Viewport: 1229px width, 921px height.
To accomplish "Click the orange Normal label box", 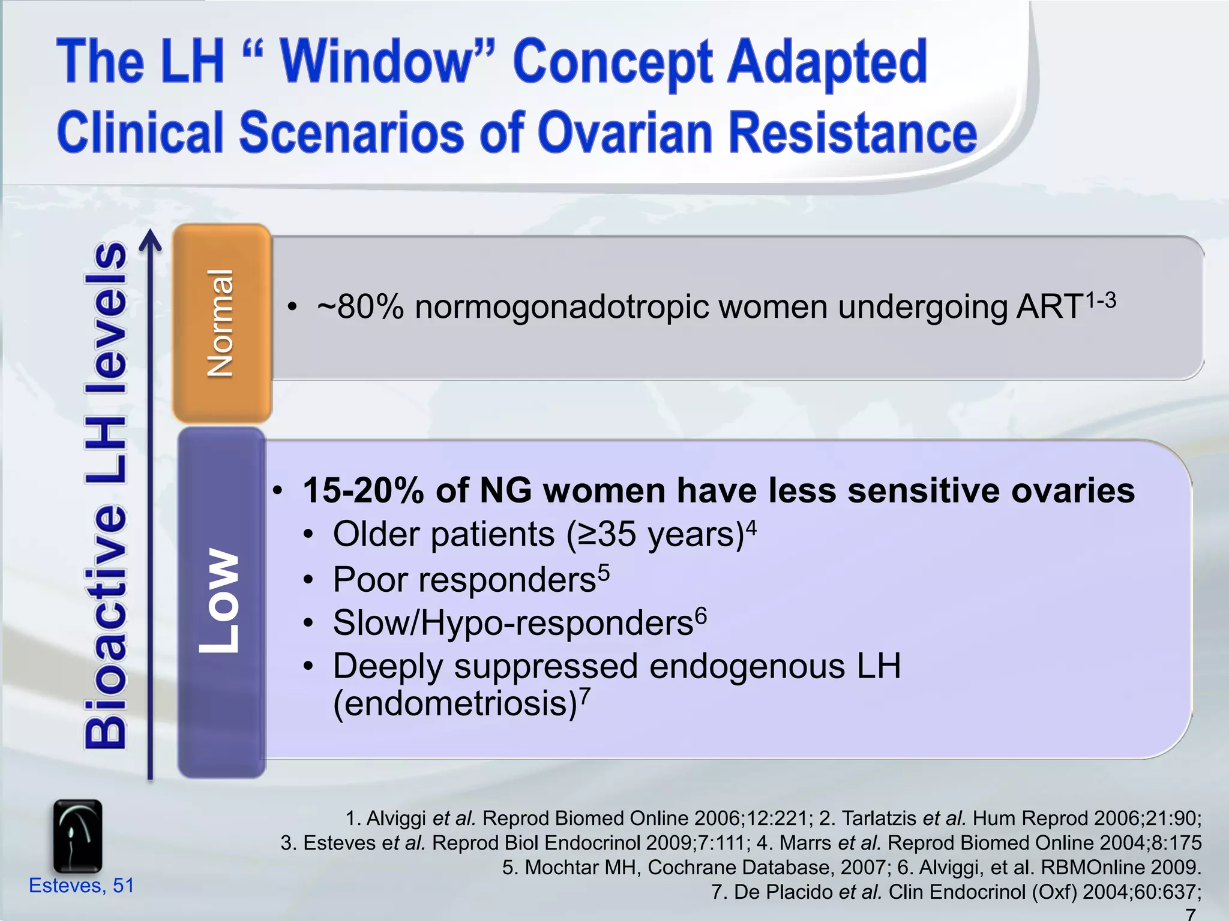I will [x=221, y=324].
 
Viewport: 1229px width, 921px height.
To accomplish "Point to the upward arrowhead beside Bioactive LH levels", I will [x=150, y=240].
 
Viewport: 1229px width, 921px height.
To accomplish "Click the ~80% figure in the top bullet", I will [x=360, y=308].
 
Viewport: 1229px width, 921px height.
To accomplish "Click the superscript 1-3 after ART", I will [x=1101, y=300].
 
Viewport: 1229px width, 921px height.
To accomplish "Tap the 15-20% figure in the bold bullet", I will [x=363, y=490].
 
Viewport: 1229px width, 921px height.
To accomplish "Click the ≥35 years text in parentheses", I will [x=654, y=534].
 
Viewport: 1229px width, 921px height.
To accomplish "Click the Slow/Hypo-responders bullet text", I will [x=513, y=623].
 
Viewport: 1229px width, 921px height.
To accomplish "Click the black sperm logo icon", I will [x=77, y=836].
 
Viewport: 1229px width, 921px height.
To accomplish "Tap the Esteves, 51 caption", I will [x=81, y=886].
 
